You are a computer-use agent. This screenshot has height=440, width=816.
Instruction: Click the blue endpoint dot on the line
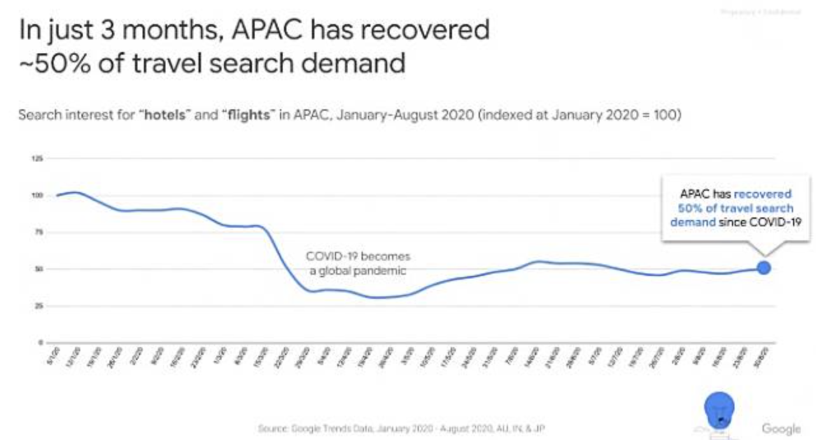[764, 268]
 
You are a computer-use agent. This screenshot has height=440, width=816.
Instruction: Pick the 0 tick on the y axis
[39, 343]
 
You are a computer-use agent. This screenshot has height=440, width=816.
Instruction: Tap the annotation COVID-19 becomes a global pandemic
[358, 263]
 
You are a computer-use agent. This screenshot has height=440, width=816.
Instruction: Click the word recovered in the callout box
[763, 194]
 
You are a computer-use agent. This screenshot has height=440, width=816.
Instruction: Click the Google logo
[781, 428]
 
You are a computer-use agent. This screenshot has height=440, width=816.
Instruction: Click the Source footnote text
[401, 429]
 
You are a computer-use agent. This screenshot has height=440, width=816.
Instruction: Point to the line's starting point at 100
[58, 195]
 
